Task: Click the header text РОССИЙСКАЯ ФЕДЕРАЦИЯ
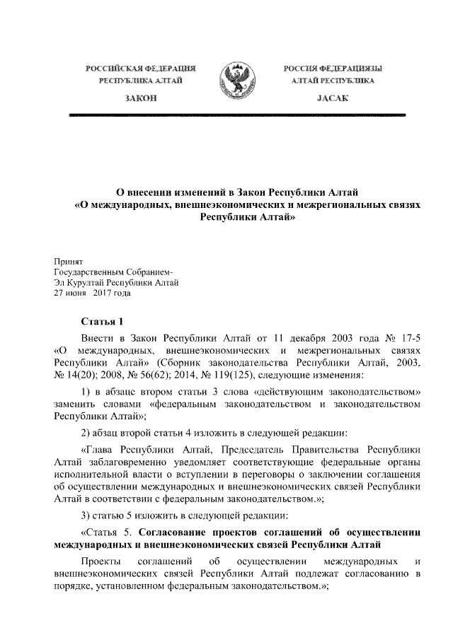tap(141, 69)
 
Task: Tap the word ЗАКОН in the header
tap(140, 100)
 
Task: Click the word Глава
tap(99, 448)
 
